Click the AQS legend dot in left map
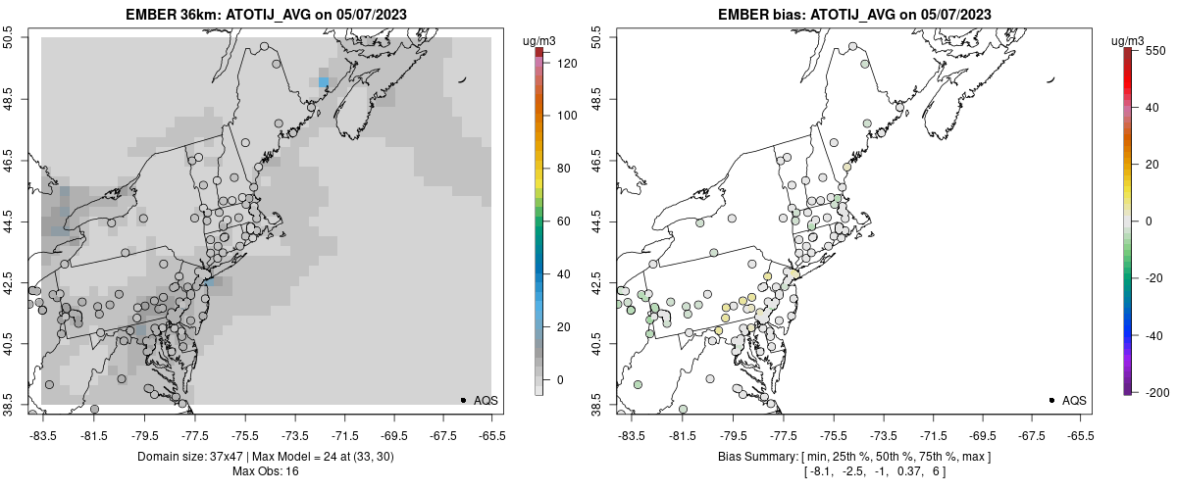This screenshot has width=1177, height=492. pos(463,400)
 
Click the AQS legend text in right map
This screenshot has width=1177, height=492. pos(1074,400)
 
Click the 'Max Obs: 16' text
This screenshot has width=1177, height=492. pos(265,471)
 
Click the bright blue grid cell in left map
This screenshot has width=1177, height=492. pos(324,81)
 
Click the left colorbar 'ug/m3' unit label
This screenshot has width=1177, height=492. pos(541,40)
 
